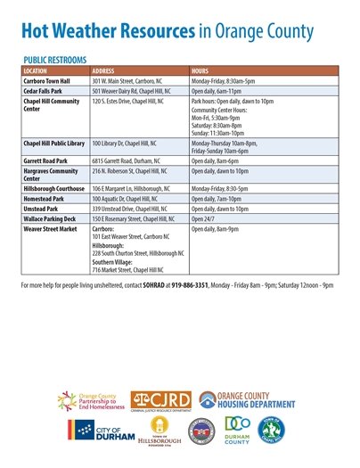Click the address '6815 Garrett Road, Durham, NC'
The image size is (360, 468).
[x=130, y=160]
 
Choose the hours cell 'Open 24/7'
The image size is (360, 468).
[x=207, y=218]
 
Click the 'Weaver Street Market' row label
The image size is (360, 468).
[x=48, y=228]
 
